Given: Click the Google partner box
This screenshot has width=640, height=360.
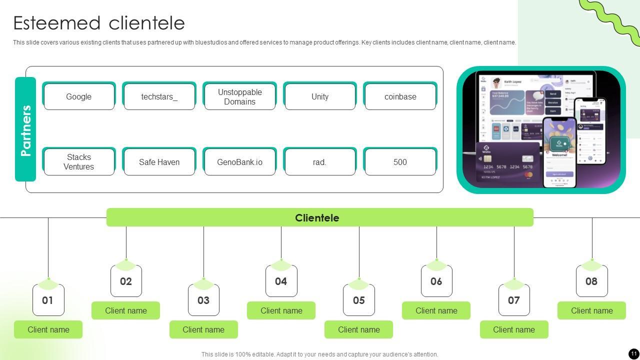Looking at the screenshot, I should tap(79, 96).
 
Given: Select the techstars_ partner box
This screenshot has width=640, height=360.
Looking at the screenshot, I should tap(159, 96).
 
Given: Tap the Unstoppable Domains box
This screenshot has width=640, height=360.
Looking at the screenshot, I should tap(239, 96).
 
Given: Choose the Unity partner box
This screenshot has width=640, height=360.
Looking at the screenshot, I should tap(320, 96).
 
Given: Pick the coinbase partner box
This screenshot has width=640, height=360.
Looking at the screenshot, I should tap(400, 96).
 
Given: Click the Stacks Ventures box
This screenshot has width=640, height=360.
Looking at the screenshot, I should tap(79, 162).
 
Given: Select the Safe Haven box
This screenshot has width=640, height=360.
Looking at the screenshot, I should tap(159, 162).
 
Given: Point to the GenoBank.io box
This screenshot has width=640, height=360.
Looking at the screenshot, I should tap(239, 162).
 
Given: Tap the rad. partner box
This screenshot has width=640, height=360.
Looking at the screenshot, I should tap(320, 162).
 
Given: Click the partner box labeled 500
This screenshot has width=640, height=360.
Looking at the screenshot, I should tap(400, 162).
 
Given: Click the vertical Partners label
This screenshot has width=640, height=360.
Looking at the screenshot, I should tap(25, 129).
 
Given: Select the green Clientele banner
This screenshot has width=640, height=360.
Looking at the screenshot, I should tap(319, 217).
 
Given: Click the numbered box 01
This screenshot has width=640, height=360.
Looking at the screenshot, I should tap(48, 300).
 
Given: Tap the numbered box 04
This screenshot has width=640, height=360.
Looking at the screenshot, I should tap(281, 281).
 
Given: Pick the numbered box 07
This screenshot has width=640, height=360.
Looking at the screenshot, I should tap(514, 300).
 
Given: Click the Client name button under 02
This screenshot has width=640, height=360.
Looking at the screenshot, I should tap(126, 310).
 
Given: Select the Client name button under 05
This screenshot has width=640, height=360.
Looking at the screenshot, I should tap(358, 329).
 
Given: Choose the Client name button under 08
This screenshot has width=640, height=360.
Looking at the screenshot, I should tap(591, 310).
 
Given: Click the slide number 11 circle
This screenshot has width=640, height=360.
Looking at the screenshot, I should tap(633, 353).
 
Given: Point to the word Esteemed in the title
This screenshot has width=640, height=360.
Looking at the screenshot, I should tap(57, 23).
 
